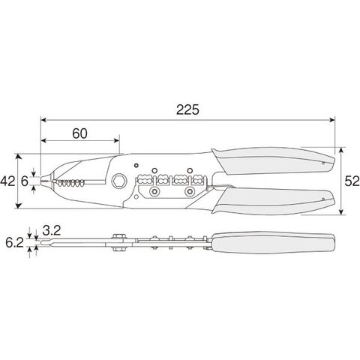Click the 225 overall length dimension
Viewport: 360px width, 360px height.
point(187,109)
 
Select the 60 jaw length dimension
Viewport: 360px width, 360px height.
point(79,133)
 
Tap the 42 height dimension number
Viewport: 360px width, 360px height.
point(7,181)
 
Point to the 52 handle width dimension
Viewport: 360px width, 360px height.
point(352,181)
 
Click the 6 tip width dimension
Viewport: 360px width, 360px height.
point(25,181)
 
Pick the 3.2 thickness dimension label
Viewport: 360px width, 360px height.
point(51,230)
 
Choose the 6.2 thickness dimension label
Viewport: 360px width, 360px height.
point(14,243)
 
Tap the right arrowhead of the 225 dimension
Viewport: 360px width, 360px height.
point(332,120)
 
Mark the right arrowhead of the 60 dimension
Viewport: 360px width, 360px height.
point(117,140)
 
